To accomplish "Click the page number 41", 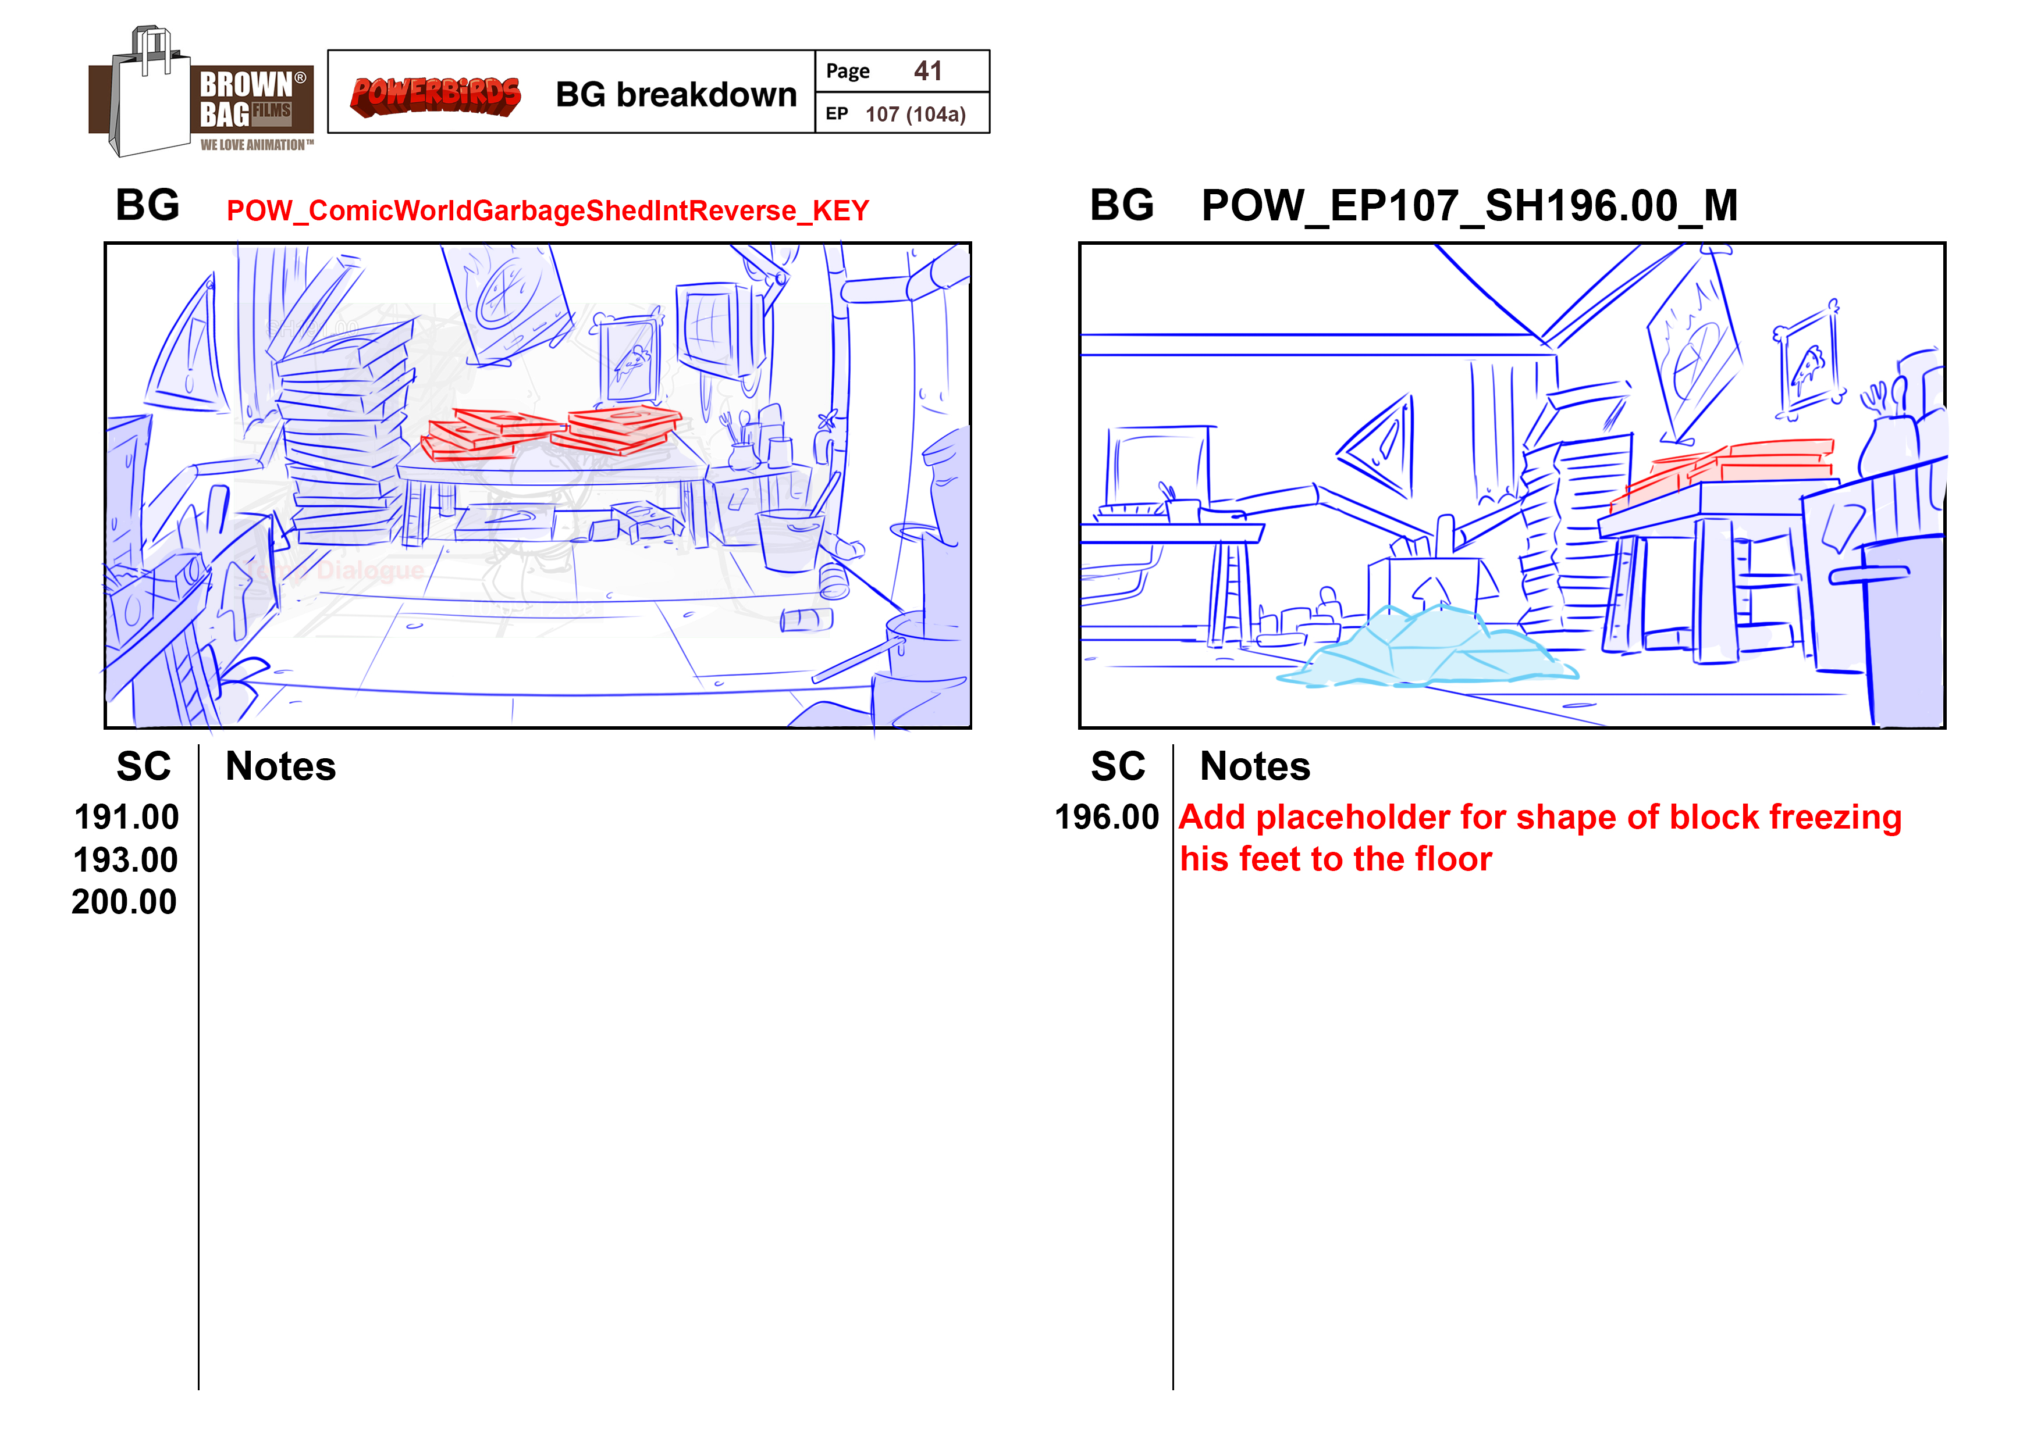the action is coord(928,70).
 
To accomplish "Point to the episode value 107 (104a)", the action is coord(916,114).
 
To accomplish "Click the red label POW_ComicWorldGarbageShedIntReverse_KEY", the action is coord(547,210).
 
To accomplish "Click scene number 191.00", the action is coord(126,816).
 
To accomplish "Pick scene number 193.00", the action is coord(126,859).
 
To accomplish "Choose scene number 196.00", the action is coord(1107,816).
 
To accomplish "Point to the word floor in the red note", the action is coord(1453,859).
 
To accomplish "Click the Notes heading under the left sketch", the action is coord(281,766).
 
